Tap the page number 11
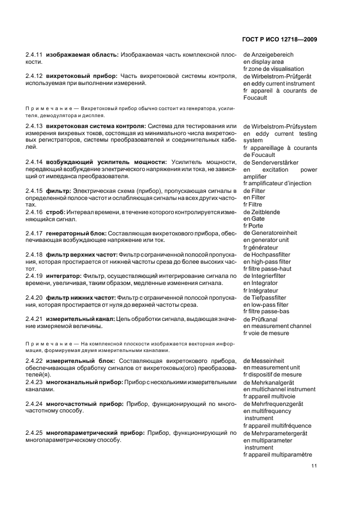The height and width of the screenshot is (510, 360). click(x=314, y=466)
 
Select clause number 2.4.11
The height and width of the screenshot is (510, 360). click(x=34, y=55)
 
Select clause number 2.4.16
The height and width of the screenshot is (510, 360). click(x=34, y=212)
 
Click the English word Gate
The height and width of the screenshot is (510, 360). click(x=257, y=219)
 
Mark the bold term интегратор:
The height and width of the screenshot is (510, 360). click(x=64, y=276)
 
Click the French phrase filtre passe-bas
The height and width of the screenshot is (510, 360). click(x=270, y=312)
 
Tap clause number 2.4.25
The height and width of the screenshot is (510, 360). click(x=34, y=433)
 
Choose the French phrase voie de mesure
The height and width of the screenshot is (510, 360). click(x=270, y=333)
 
